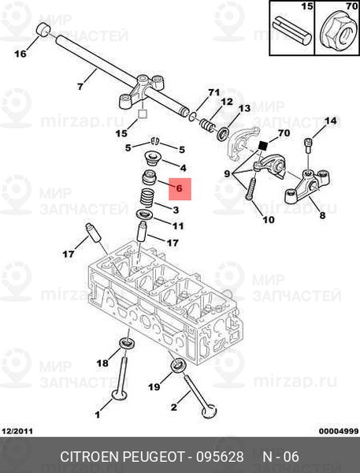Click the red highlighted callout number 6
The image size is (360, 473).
coord(180,188)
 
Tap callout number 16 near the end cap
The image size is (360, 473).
coord(20,54)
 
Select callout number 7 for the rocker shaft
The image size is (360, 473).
coord(80,87)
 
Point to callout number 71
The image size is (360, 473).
coord(213,92)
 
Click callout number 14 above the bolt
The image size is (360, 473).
coord(330,121)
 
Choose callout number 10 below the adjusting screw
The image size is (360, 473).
coord(269,220)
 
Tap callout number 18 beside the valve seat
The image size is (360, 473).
coord(102,363)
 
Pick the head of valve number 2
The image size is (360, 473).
coord(210,412)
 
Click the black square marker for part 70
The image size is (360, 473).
coord(264,147)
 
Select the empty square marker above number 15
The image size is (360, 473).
coord(143,114)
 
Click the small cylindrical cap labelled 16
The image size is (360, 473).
coord(43,30)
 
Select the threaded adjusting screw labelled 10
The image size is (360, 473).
coord(251,189)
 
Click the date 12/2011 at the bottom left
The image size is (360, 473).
coord(17,431)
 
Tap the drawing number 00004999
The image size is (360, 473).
coord(339,431)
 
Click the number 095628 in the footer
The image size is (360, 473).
coord(220,456)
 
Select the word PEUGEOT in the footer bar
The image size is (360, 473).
coord(153,456)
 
